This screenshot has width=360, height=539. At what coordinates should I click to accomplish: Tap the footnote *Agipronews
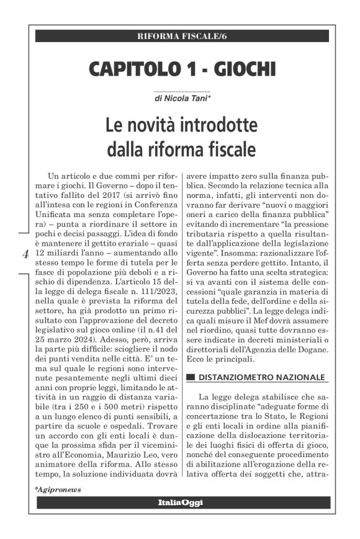58,489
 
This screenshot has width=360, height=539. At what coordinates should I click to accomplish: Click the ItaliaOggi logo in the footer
179,502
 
